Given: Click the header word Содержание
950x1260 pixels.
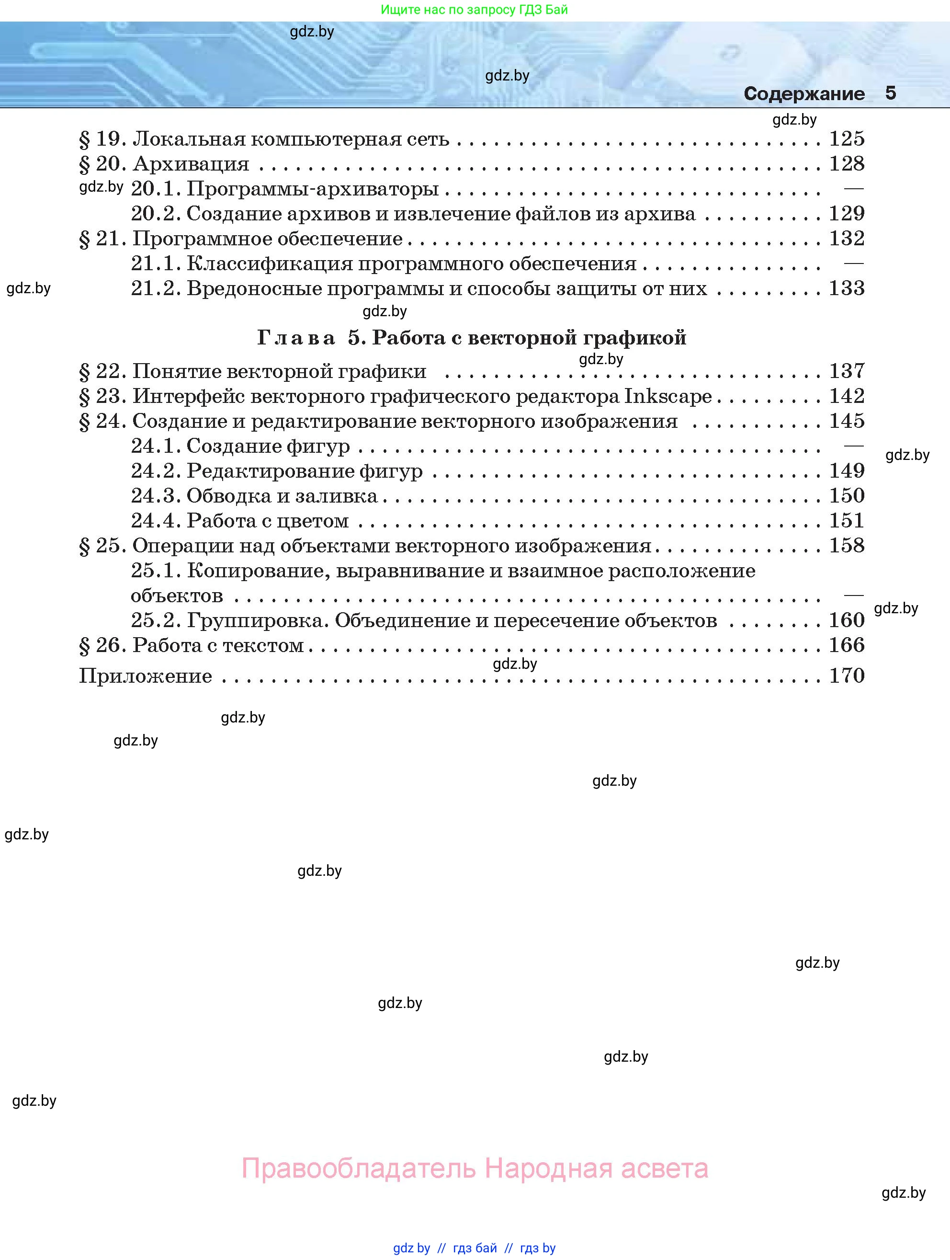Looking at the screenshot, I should point(803,93).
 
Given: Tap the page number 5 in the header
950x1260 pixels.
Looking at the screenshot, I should point(890,93).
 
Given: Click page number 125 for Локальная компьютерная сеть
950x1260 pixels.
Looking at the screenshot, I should point(847,138).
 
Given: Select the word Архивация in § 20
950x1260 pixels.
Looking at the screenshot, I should point(191,164).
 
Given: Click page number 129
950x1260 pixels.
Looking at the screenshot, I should point(847,214).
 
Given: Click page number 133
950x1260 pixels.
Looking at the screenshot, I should point(847,288).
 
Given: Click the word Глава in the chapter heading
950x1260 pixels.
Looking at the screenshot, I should point(296,338).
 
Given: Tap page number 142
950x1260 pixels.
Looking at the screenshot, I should point(847,396).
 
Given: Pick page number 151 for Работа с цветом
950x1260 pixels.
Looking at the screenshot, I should point(847,521).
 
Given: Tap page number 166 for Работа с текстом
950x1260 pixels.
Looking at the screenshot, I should point(847,645).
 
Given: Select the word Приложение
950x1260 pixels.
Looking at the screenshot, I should point(145,676).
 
